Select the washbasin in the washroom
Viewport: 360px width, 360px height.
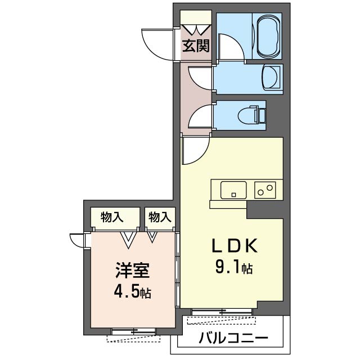(x=272, y=77)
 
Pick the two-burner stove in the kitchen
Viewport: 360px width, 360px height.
(x=265, y=190)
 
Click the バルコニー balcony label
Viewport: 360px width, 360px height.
(x=233, y=339)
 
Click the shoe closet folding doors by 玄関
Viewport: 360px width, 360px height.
(x=196, y=28)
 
